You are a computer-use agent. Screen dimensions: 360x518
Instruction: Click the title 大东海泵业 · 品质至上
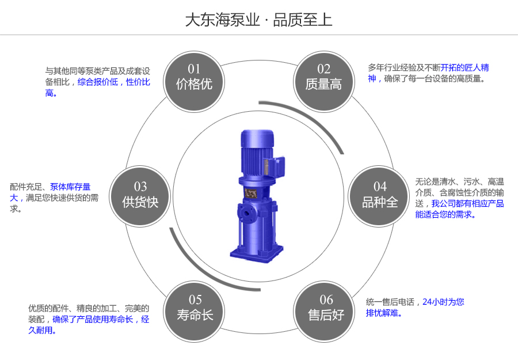click(x=258, y=20)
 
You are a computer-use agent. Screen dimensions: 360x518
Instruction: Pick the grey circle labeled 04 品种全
click(x=380, y=195)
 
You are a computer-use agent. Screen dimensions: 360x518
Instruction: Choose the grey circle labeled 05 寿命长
click(x=195, y=308)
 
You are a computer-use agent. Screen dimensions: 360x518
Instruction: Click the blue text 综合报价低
click(x=98, y=82)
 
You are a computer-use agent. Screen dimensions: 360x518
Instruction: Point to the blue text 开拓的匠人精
click(x=464, y=67)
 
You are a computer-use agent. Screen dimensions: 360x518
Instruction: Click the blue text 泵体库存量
click(x=70, y=187)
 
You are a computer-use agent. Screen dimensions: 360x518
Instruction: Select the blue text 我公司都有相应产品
click(x=467, y=203)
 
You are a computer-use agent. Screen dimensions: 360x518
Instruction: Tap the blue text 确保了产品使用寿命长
click(x=93, y=319)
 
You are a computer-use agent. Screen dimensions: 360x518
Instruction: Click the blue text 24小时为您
click(x=443, y=301)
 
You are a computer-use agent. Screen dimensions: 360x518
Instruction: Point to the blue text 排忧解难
click(x=384, y=313)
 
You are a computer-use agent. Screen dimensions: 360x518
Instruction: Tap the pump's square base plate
click(x=256, y=251)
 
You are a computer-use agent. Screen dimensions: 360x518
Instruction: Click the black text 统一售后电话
click(x=390, y=301)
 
